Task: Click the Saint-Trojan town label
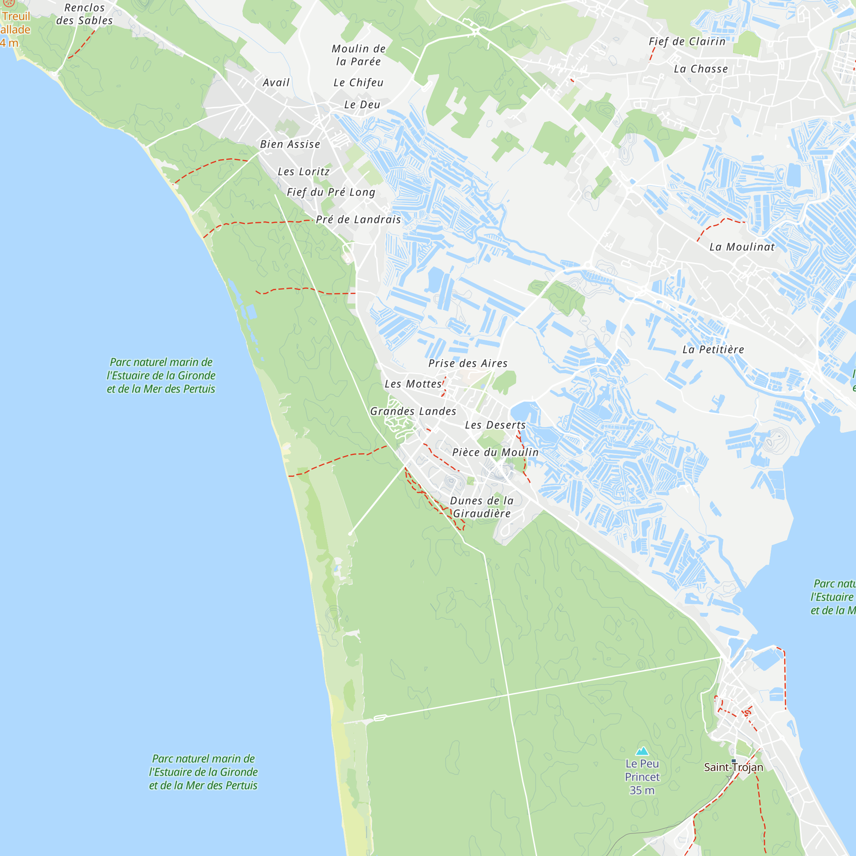733,767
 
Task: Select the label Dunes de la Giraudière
481,507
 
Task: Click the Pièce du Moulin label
495,452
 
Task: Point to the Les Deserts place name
495,425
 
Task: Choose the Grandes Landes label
413,411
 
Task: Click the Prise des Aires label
467,363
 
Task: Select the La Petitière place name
713,350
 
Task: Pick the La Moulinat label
742,247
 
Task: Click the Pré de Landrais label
358,219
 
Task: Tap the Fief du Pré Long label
331,192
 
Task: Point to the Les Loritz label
303,172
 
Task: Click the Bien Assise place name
290,144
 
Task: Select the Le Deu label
362,104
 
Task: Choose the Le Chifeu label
358,83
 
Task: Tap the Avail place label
276,83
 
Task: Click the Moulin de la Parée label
358,55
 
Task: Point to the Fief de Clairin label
687,41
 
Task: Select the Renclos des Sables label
84,14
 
